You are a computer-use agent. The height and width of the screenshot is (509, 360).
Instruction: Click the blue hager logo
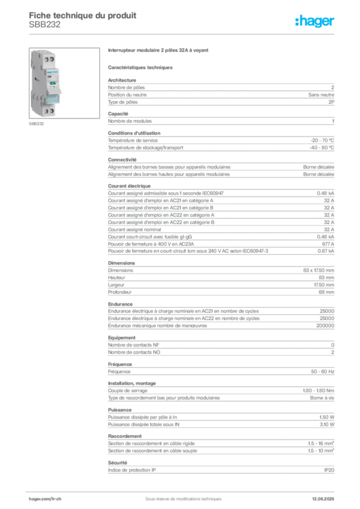316,22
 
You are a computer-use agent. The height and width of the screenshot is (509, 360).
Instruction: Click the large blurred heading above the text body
159,51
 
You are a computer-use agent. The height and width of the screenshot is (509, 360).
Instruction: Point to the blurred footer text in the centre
179,496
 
